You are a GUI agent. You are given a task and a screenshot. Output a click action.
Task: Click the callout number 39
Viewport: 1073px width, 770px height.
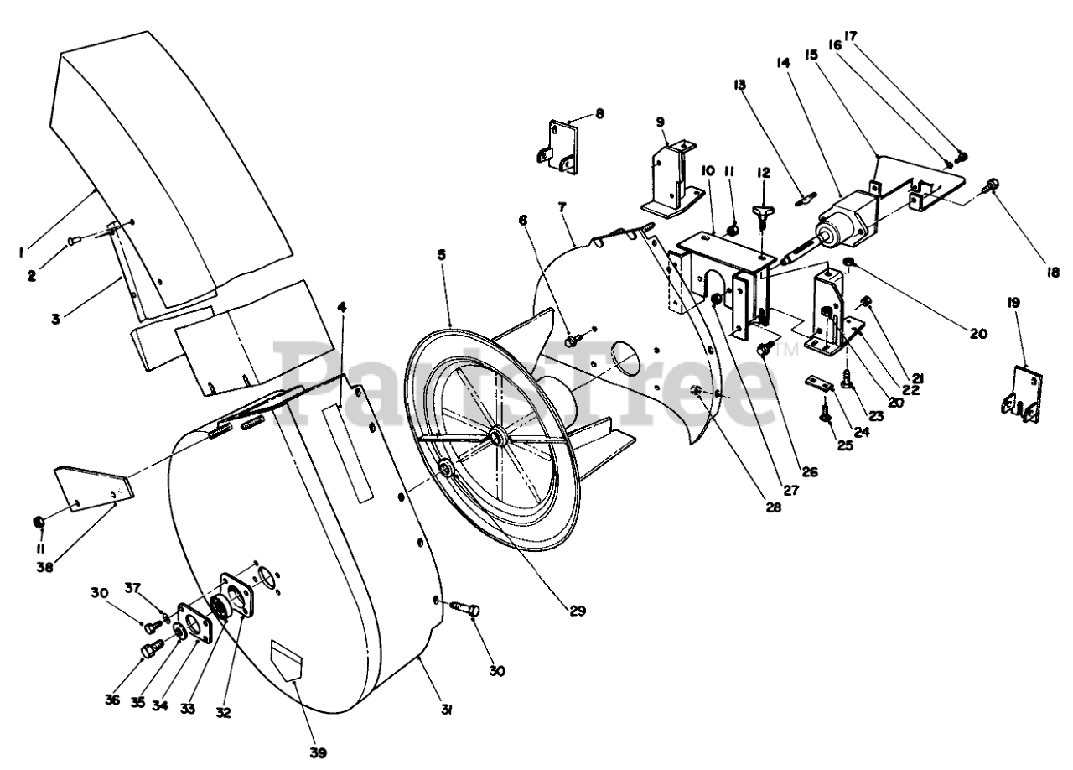pyautogui.click(x=316, y=752)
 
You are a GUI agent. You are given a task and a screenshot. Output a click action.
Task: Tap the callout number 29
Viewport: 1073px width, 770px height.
pyautogui.click(x=576, y=611)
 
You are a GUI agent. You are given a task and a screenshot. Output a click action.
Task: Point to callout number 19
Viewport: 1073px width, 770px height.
pyautogui.click(x=1013, y=304)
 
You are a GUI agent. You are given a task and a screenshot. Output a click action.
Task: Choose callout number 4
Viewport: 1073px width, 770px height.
pyautogui.click(x=342, y=307)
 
